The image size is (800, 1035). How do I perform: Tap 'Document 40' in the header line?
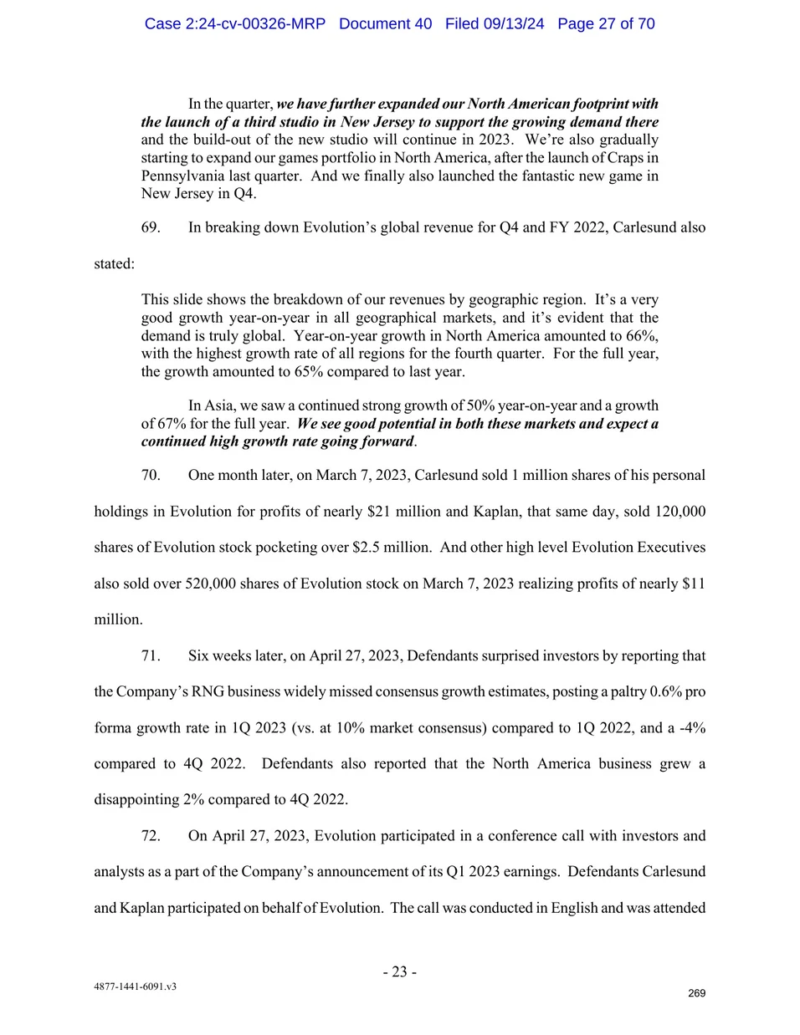click(385, 23)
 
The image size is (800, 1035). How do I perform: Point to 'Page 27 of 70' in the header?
click(606, 23)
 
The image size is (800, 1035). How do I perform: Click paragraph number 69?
click(151, 227)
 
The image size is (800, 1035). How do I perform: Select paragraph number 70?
click(151, 475)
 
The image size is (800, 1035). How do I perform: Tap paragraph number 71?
click(151, 655)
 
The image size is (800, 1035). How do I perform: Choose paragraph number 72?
click(151, 835)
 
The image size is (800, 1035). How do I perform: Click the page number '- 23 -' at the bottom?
click(400, 971)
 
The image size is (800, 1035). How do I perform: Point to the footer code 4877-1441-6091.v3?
click(135, 987)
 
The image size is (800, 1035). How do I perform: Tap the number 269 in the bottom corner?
click(696, 993)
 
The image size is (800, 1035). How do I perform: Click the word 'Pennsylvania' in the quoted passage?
click(182, 176)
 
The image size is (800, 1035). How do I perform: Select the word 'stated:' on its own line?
click(114, 263)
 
